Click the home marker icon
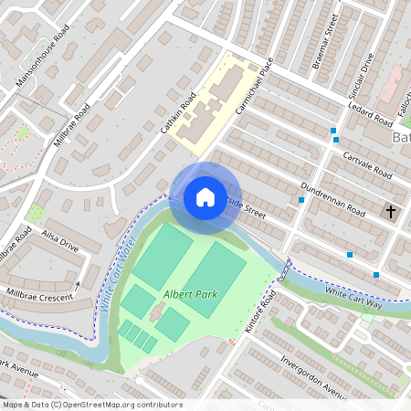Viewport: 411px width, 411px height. tap(205, 197)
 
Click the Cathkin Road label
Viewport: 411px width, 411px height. tap(179, 118)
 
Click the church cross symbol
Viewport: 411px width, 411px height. tap(391, 212)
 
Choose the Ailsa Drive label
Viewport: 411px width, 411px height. tap(62, 236)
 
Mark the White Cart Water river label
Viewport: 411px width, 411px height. tap(117, 274)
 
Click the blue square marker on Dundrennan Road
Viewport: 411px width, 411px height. tap(301, 199)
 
